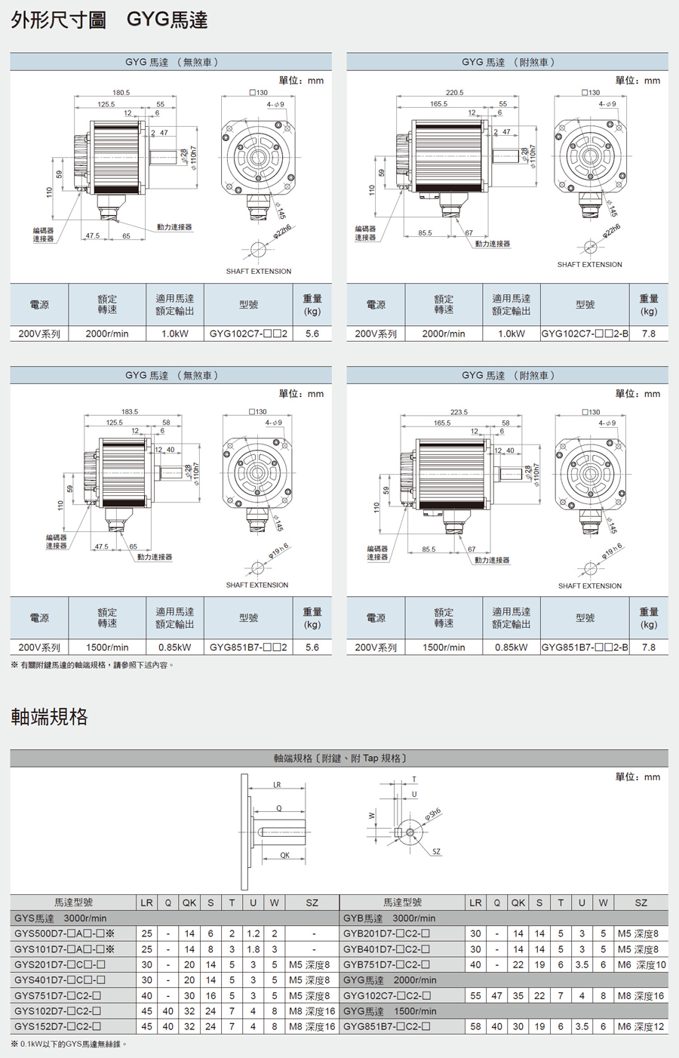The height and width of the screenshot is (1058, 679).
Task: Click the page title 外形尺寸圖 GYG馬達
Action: (x=109, y=20)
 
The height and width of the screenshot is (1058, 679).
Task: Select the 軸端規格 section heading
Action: (x=50, y=716)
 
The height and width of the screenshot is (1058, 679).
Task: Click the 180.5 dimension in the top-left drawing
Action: (x=121, y=93)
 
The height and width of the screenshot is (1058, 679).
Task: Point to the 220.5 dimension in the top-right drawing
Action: (x=454, y=93)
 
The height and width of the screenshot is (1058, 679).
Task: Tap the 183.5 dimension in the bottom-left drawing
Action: (x=130, y=412)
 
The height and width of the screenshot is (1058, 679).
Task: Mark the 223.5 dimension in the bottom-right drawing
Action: (x=459, y=412)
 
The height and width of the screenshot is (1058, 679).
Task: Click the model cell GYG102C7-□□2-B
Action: (x=585, y=334)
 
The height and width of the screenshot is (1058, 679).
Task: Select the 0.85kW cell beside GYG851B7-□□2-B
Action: (x=511, y=647)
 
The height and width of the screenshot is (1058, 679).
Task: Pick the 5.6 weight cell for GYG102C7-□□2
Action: (x=312, y=334)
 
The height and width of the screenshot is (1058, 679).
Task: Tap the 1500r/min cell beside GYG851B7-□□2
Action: (x=107, y=647)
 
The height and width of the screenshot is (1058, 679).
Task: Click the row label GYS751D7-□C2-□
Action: (x=58, y=995)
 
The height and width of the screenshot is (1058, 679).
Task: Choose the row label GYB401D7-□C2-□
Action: (x=387, y=949)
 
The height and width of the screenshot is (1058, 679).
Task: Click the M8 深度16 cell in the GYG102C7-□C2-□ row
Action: (x=641, y=995)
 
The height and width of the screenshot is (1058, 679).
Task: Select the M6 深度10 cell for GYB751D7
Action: (x=641, y=964)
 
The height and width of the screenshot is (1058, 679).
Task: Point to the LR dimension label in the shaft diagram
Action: (x=277, y=785)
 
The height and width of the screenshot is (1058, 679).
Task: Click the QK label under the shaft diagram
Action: (x=284, y=855)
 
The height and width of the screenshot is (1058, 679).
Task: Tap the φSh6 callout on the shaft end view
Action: (x=432, y=813)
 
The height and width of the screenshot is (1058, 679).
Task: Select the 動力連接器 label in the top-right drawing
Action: (x=493, y=244)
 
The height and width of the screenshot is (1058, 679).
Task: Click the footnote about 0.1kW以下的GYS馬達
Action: (x=69, y=1044)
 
